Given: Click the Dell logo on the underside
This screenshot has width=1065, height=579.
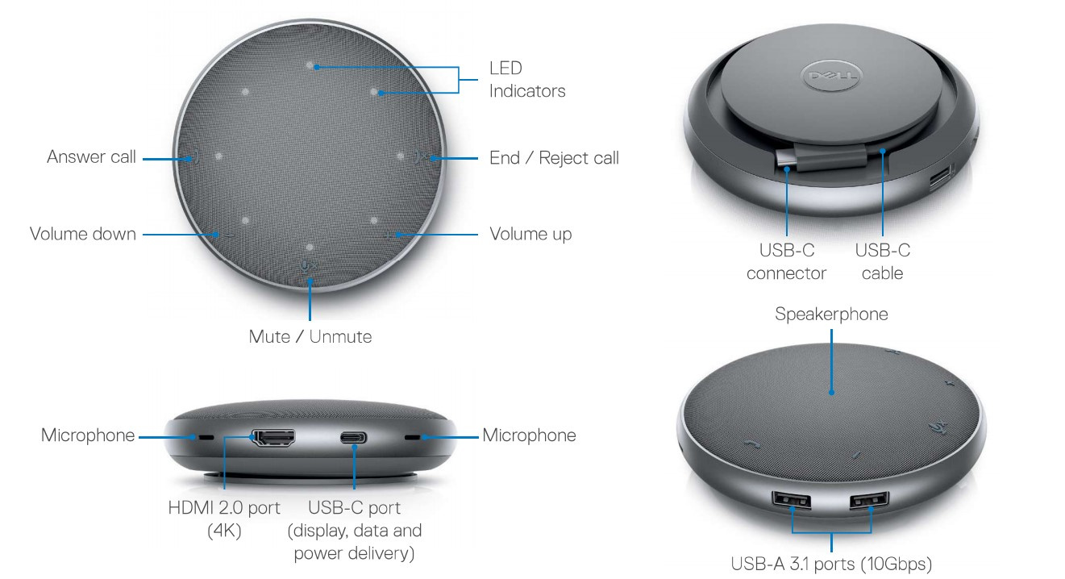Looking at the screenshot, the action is click(x=832, y=75).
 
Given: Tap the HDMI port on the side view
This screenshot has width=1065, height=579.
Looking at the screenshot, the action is click(x=273, y=437).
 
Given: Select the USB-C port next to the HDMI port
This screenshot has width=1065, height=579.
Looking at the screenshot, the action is click(x=354, y=437).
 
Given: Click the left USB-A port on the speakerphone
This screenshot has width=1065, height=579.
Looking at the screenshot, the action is click(x=791, y=500).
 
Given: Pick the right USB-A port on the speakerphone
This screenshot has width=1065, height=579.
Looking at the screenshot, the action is click(x=869, y=500).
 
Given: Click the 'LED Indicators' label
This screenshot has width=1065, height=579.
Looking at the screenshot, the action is click(x=527, y=79).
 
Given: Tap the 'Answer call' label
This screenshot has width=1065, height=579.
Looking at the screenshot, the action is click(x=91, y=157).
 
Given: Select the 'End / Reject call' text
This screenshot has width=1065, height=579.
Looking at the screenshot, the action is click(x=555, y=158).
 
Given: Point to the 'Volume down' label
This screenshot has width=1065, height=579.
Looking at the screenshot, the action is click(x=83, y=234).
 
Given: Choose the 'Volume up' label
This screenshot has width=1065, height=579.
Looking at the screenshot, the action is click(x=530, y=235).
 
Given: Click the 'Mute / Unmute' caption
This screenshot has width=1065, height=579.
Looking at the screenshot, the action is click(x=310, y=336).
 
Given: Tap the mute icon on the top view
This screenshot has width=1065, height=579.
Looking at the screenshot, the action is click(x=309, y=266).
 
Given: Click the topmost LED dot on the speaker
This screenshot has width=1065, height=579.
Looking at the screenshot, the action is click(x=310, y=65).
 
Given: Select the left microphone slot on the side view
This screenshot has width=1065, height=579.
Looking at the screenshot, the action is click(x=206, y=437).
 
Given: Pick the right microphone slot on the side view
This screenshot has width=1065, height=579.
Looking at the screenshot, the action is click(x=412, y=437).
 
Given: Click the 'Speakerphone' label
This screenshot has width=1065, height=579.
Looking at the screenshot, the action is click(x=831, y=314).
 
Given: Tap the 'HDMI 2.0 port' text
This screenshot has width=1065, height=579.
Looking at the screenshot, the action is click(x=224, y=508).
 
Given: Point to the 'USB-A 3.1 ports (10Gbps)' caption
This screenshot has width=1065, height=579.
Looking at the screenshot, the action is click(x=831, y=564).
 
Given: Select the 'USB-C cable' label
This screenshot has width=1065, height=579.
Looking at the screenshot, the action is click(x=883, y=262).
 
